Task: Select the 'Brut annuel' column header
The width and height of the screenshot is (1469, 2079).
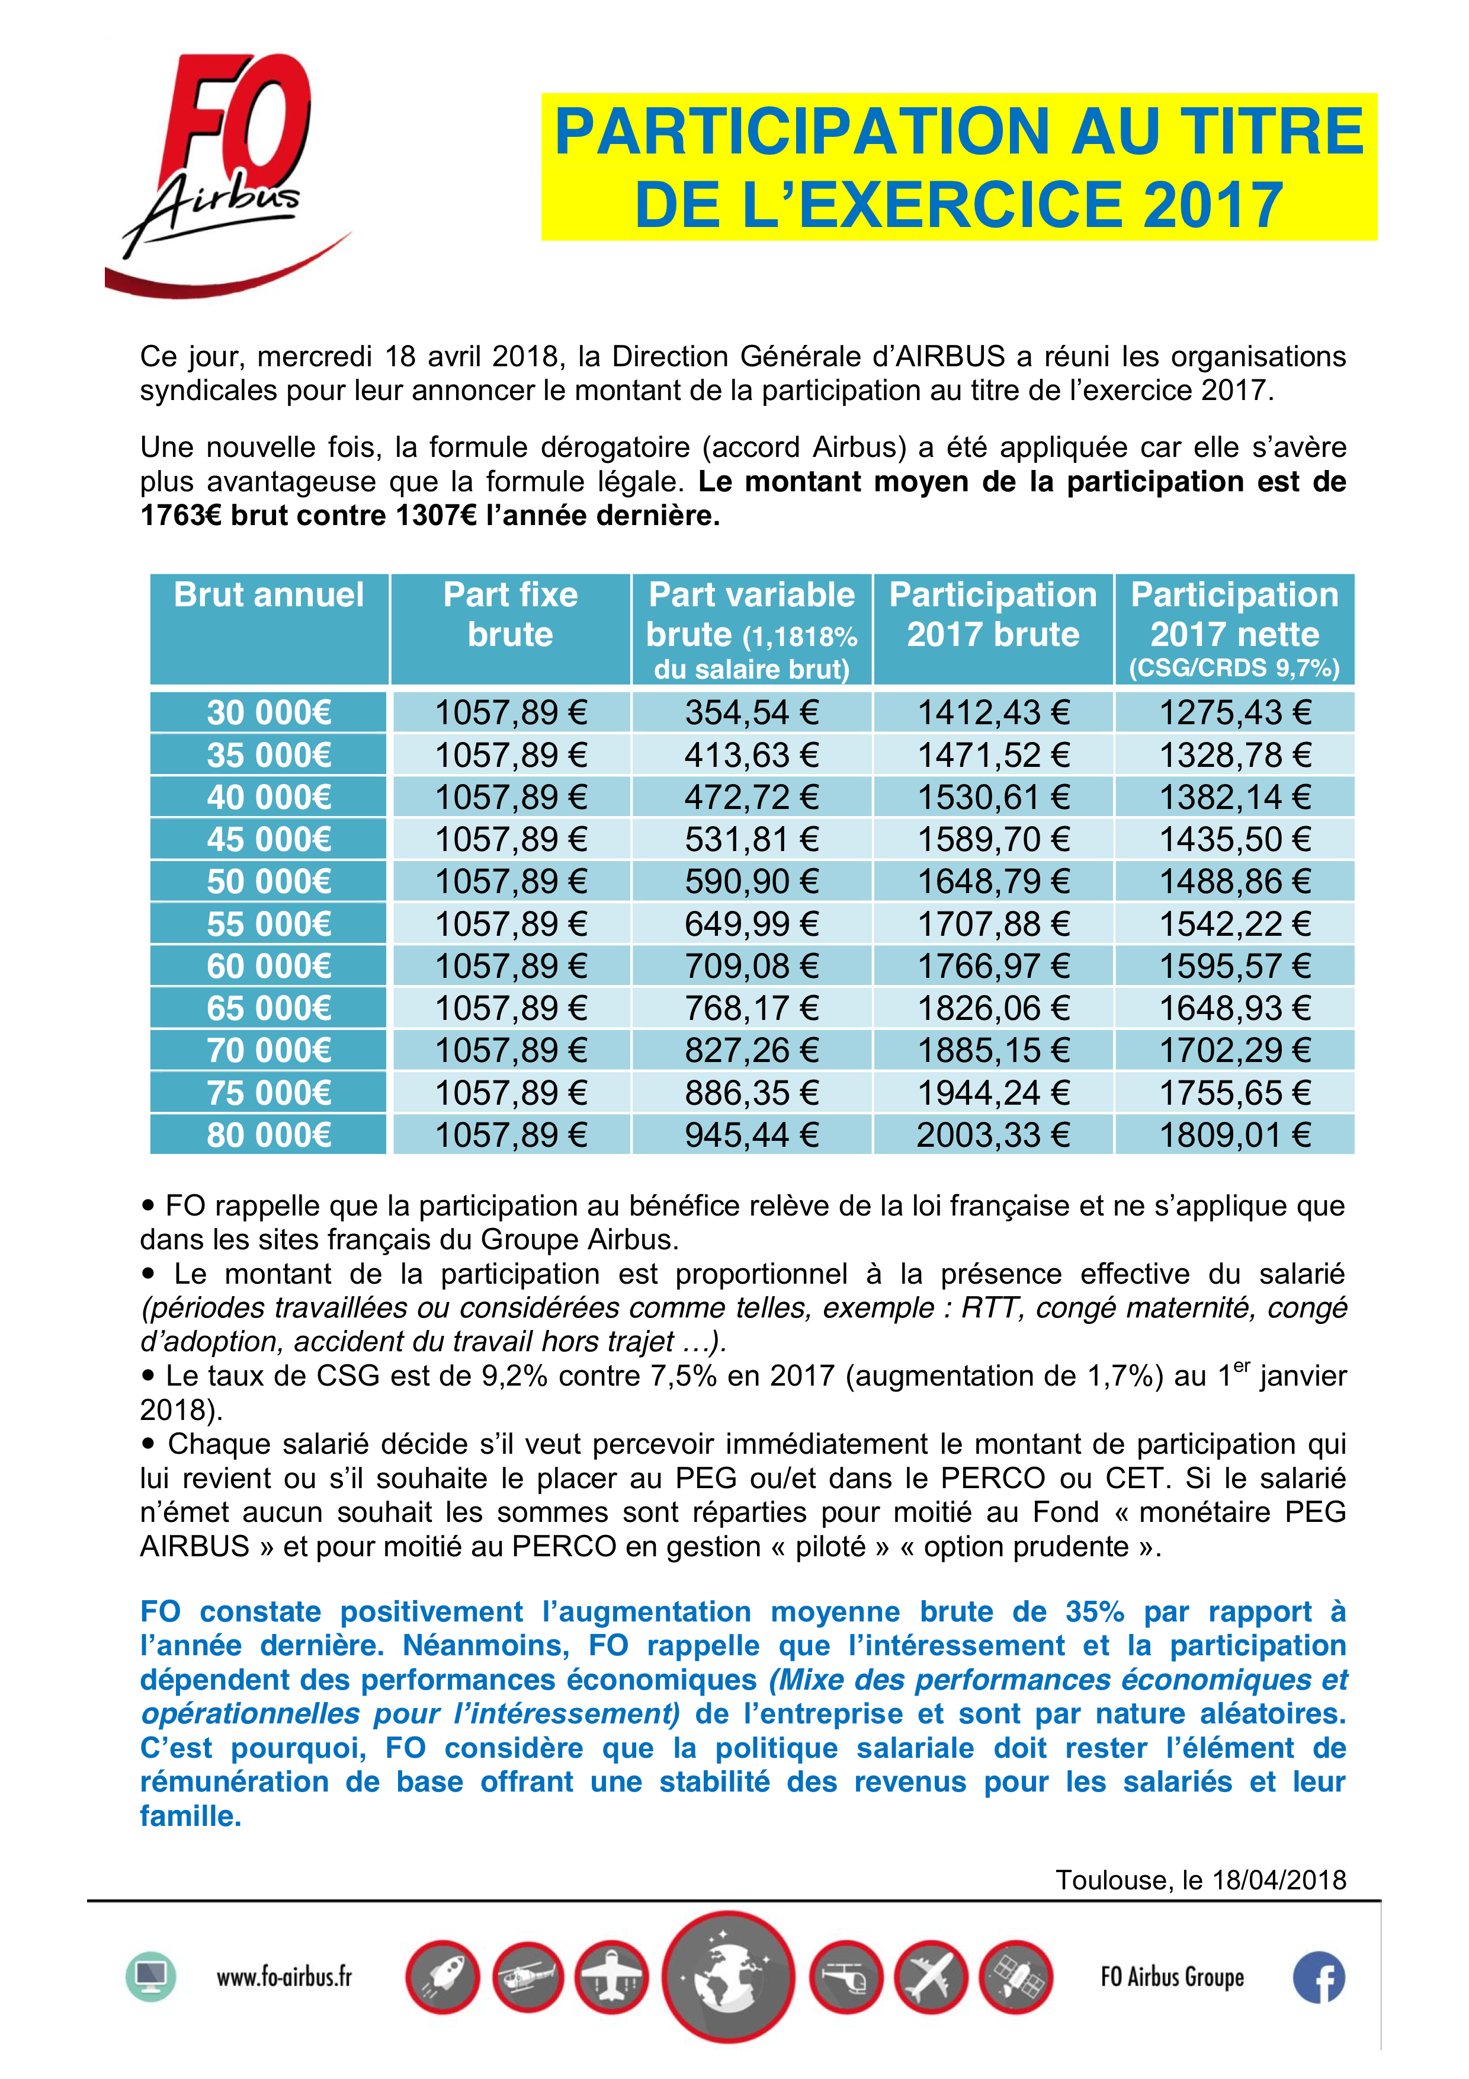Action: tap(269, 596)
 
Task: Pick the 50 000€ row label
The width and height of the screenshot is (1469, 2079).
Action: tap(269, 881)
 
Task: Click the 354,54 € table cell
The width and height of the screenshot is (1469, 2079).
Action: tap(751, 712)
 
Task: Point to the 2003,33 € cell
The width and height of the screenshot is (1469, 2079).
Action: tap(993, 1134)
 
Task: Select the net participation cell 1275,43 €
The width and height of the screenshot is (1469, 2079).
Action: tap(1234, 712)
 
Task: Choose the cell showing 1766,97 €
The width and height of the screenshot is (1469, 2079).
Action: tap(993, 966)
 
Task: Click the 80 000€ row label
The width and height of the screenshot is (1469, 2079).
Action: tap(269, 1134)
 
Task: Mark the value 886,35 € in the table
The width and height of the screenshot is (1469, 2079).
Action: tap(751, 1093)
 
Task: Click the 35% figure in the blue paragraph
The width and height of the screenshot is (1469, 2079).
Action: tap(1094, 1612)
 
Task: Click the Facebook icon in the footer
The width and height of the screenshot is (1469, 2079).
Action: tap(1318, 1976)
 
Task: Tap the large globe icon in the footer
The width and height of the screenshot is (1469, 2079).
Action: tap(728, 1976)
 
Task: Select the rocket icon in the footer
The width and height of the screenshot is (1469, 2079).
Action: tap(442, 1976)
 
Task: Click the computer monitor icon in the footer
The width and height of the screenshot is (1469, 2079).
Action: tap(150, 1976)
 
